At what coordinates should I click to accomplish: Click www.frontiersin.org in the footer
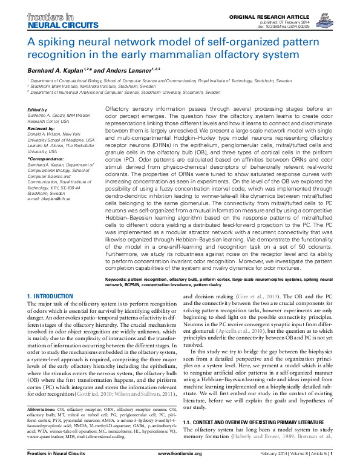click(x=180, y=468)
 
